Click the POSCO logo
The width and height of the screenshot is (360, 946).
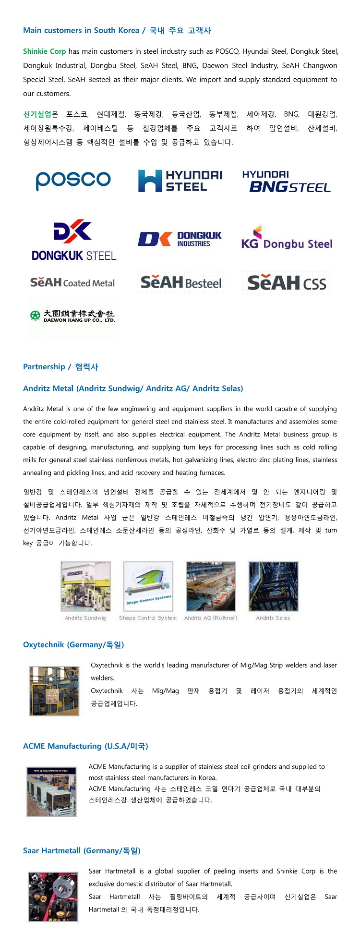(x=73, y=180)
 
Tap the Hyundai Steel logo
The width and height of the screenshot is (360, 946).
(x=180, y=181)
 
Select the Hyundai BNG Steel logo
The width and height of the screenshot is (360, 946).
(x=287, y=182)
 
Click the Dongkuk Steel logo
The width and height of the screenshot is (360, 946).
(x=73, y=241)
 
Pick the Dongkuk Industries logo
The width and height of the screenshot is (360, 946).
(x=180, y=239)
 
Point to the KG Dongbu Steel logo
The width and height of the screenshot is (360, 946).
(x=287, y=238)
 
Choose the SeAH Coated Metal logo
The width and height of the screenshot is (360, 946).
(x=72, y=283)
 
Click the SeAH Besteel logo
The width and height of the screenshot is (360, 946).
(x=181, y=283)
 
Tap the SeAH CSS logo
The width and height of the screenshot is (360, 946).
(x=287, y=283)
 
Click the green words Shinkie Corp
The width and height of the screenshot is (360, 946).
(x=44, y=51)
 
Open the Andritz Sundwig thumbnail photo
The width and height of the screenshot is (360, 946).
(x=85, y=586)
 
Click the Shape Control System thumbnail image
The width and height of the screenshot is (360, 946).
(x=148, y=586)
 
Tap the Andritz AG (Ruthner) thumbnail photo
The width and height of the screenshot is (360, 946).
(x=211, y=586)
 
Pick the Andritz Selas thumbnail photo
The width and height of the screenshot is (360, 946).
(x=273, y=586)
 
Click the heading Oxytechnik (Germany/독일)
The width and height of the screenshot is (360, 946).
(x=73, y=644)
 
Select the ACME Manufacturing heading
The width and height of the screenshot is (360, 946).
(x=85, y=746)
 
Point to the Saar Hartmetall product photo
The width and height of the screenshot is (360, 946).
(x=53, y=897)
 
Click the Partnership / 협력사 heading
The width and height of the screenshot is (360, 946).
(x=60, y=366)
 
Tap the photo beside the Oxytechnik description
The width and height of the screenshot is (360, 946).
(x=54, y=691)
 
